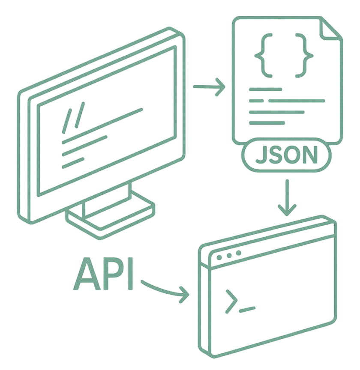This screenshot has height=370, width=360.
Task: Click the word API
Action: [105, 275]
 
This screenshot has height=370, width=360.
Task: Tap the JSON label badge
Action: [287, 156]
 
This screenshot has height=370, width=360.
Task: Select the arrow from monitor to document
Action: [209, 87]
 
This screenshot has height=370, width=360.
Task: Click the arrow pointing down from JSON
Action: [287, 197]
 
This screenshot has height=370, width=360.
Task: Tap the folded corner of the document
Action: [330, 30]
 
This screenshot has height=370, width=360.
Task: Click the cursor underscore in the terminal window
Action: [247, 308]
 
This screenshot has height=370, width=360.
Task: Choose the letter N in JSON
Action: [312, 156]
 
